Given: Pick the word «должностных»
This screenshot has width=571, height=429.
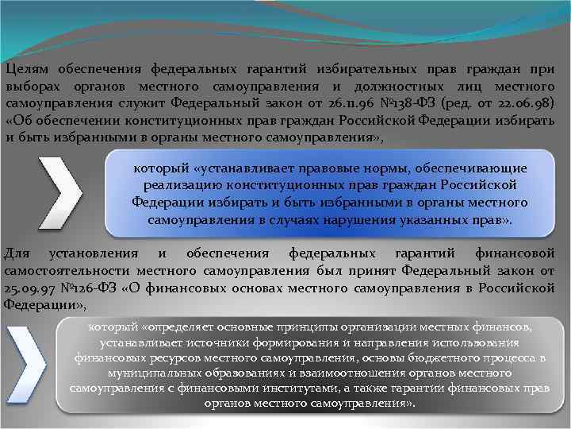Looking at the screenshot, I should [x=401, y=87].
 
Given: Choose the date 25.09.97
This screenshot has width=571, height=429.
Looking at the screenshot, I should [x=33, y=288].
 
